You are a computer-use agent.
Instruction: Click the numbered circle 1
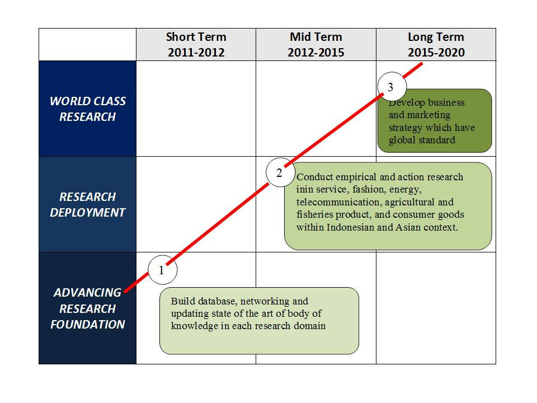pyautogui.click(x=163, y=270)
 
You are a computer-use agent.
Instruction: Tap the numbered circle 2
pyautogui.click(x=280, y=172)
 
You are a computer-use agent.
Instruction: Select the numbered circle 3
pyautogui.click(x=392, y=86)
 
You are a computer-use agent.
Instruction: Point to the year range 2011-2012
pyautogui.click(x=196, y=53)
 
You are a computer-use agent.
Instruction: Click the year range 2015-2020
pyautogui.click(x=436, y=53)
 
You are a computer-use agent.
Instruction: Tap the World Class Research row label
pyautogui.click(x=88, y=109)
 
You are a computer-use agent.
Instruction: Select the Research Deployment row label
pyautogui.click(x=88, y=205)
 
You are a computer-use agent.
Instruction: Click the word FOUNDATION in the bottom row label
pyautogui.click(x=88, y=324)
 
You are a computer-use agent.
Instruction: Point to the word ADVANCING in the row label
pyautogui.click(x=88, y=293)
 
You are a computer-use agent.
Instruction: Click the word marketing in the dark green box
pyautogui.click(x=430, y=115)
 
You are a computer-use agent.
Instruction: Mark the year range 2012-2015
pyautogui.click(x=315, y=53)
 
